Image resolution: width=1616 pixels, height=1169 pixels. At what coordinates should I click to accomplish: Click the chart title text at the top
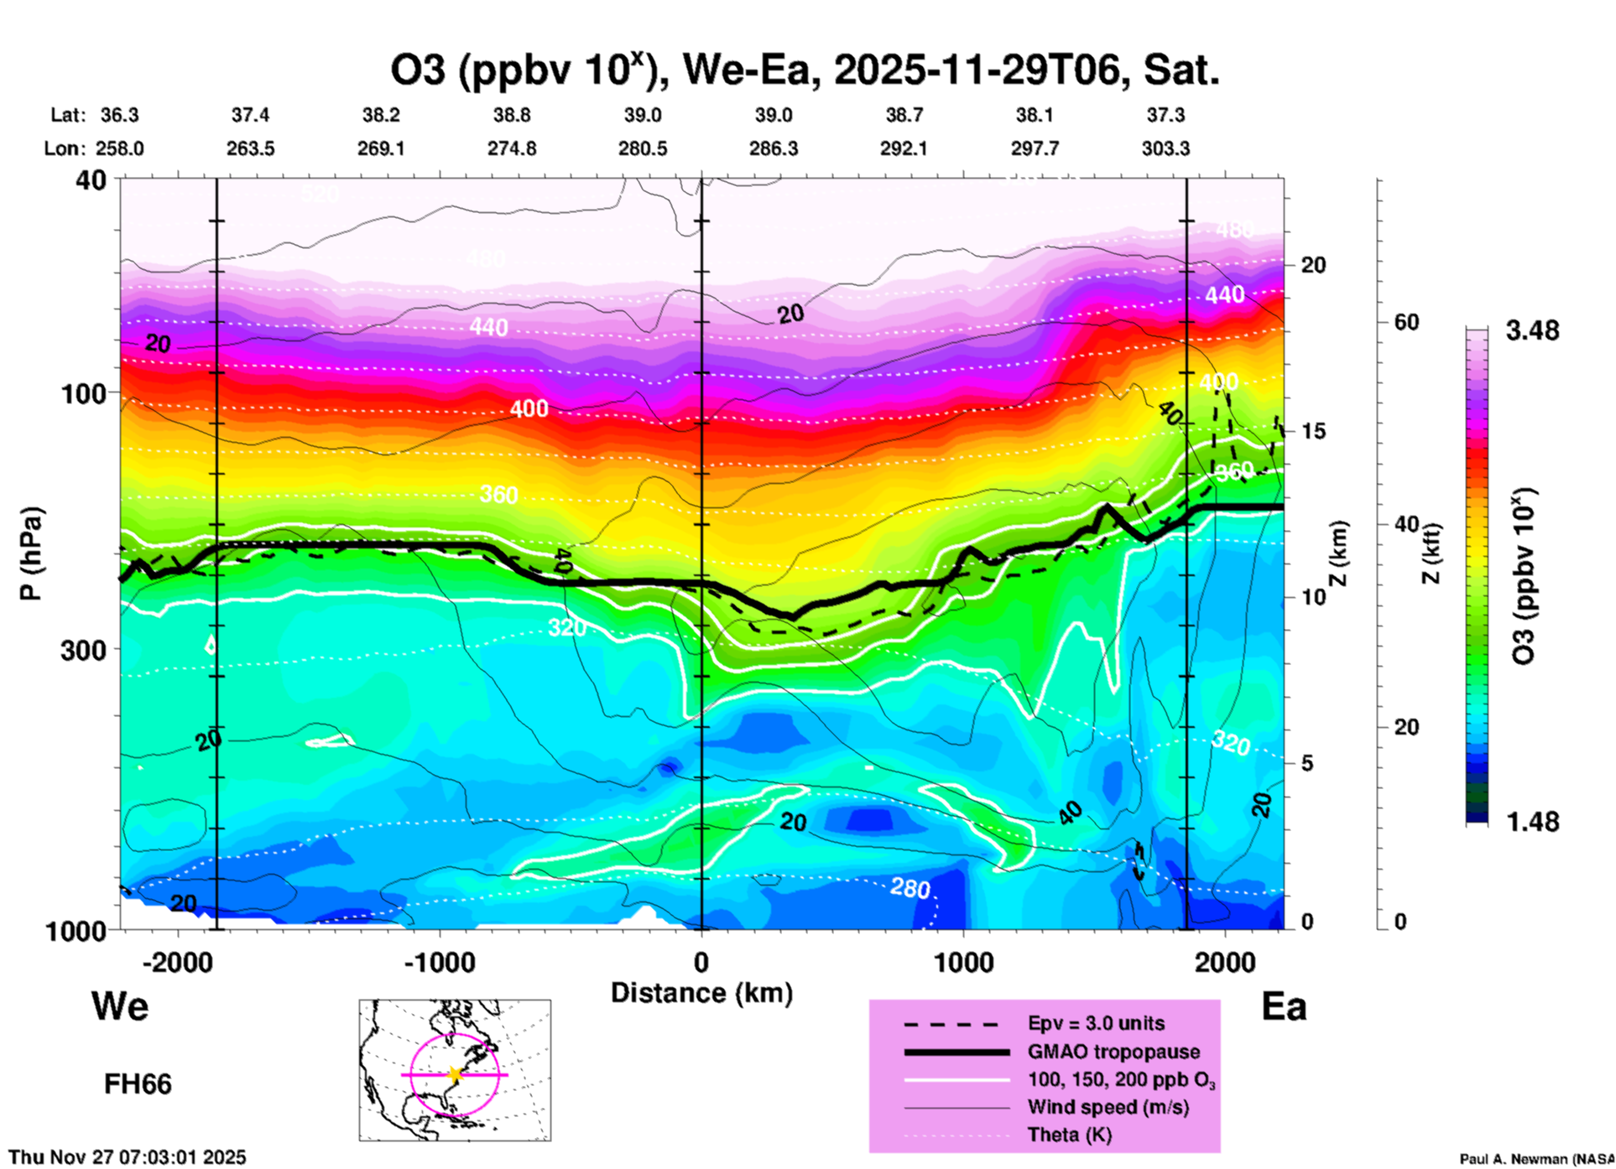(804, 70)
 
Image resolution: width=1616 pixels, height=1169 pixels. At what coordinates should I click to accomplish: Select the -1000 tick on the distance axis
(440, 962)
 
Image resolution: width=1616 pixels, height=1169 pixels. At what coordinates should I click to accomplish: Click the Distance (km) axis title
(701, 993)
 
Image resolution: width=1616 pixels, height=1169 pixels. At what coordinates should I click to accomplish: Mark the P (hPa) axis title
(31, 553)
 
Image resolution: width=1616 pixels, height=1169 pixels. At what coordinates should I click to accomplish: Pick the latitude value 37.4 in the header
(250, 115)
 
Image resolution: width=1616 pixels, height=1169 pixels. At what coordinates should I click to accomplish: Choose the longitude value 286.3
(773, 148)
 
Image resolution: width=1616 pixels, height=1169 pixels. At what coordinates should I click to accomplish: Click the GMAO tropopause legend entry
(1113, 1052)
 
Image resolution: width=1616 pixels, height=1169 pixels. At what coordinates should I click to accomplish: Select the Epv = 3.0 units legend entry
(1095, 1024)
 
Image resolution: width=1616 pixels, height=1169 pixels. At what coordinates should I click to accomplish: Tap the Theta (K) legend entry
(1069, 1135)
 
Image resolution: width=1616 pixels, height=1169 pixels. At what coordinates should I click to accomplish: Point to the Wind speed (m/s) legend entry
(1108, 1108)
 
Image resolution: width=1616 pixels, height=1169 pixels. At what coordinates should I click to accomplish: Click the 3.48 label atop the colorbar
(1532, 331)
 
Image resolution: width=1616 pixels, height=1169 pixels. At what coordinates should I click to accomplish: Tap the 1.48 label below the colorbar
(1532, 822)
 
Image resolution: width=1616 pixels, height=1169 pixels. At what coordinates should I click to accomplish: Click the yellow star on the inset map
(455, 1074)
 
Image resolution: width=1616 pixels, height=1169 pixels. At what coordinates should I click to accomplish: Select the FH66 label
(138, 1084)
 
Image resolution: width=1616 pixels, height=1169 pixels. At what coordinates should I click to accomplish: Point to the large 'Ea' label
(1284, 1006)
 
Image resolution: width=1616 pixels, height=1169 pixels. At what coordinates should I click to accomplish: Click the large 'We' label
(120, 1006)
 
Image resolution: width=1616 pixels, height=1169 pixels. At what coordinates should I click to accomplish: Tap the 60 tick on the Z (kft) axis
(1406, 323)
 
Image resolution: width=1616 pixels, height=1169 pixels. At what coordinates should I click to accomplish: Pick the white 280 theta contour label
(910, 887)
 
